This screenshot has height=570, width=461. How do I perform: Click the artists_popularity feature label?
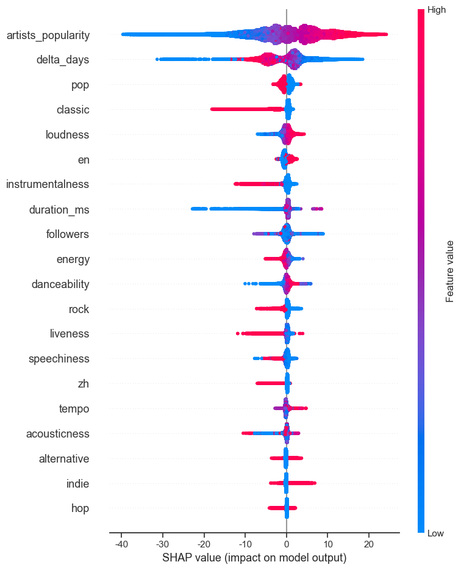click(48, 35)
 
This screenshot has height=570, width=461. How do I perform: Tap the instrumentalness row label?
click(48, 184)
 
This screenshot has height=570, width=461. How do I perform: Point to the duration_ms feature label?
click(59, 210)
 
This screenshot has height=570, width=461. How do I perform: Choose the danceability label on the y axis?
click(60, 284)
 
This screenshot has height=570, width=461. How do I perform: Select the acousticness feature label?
click(58, 434)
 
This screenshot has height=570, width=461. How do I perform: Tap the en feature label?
click(82, 160)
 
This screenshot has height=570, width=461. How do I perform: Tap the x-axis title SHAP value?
click(254, 558)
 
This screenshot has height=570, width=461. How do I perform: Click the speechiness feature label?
click(59, 359)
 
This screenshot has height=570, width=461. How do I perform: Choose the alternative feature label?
click(64, 459)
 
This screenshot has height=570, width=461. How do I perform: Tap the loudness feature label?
click(68, 135)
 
